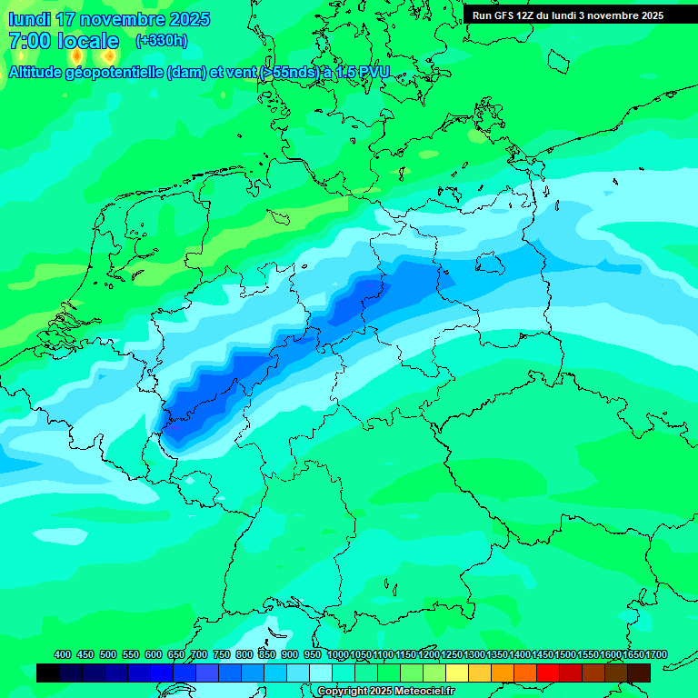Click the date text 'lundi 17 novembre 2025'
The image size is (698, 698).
pos(109,19)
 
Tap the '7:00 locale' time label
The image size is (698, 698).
pos(64,41)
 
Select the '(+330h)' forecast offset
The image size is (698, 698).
pos(162,41)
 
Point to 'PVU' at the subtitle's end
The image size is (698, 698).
pos(372,72)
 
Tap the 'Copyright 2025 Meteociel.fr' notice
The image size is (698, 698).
pos(385,692)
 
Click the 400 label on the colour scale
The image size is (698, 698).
pos(63,654)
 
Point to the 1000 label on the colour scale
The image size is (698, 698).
pos(338,654)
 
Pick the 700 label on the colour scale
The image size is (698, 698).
pos(199,654)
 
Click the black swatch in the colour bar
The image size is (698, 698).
pos(48,673)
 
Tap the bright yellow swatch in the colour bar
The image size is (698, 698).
pos(457,673)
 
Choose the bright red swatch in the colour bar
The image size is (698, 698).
pos(548,673)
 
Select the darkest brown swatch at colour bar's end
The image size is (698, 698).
pos(639,673)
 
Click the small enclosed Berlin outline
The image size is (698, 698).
pos(491,264)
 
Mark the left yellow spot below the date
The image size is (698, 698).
pos(76,56)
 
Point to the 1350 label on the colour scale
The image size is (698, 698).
pos(497,654)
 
